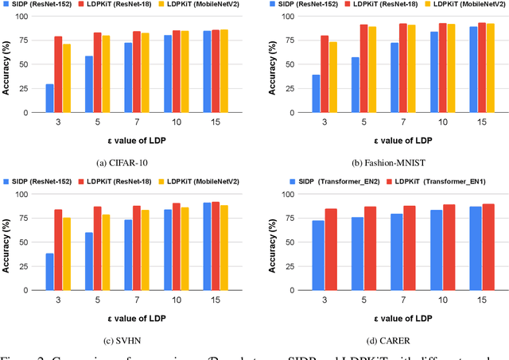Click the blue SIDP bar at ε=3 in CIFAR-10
pyautogui.click(x=50, y=99)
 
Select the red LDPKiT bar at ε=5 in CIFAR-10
pyautogui.click(x=97, y=73)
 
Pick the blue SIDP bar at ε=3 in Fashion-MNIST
pyautogui.click(x=316, y=94)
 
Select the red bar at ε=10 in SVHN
pyautogui.click(x=176, y=251)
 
